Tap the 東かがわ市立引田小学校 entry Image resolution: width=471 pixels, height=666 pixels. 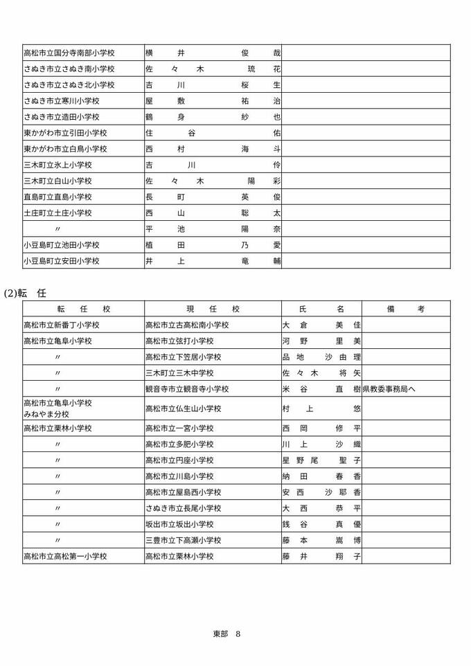(x=65, y=133)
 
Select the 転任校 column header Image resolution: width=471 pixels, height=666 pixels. (x=83, y=309)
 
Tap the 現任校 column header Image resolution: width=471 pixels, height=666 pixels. (x=213, y=309)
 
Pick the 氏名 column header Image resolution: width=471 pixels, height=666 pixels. (x=321, y=309)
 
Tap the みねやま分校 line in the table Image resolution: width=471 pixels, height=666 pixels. (x=46, y=414)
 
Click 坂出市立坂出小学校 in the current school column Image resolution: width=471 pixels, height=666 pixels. (x=179, y=524)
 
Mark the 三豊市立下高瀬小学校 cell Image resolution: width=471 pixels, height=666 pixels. (x=182, y=540)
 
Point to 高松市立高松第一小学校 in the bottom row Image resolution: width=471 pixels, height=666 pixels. (x=65, y=556)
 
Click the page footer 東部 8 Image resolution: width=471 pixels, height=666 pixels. (x=226, y=633)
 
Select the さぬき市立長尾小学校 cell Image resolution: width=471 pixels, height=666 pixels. (x=182, y=508)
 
